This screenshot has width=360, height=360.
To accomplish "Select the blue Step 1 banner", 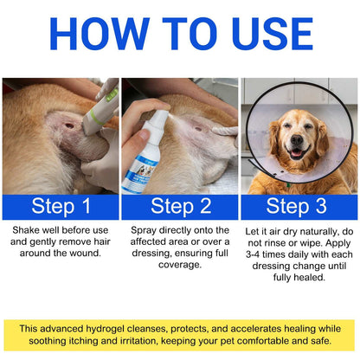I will (60, 206).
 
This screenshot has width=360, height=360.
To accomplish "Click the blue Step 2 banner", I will (179, 206).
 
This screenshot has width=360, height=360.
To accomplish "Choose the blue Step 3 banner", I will (299, 206).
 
